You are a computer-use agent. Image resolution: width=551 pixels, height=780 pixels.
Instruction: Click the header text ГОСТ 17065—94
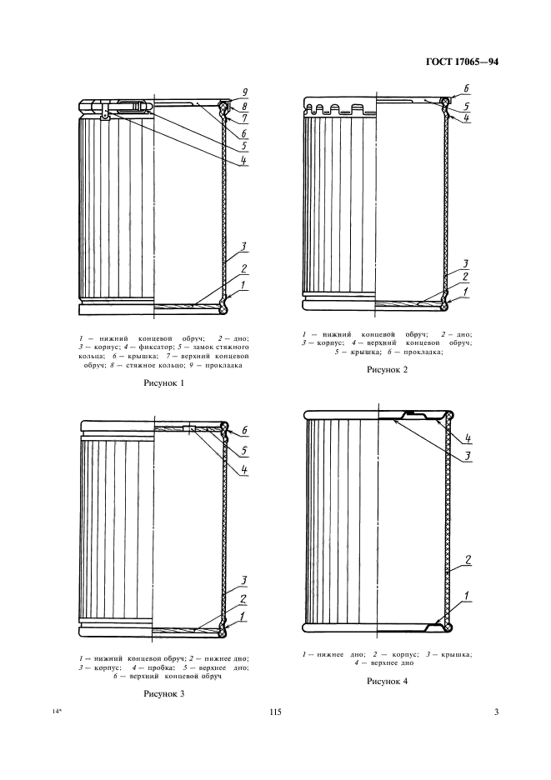click(x=463, y=62)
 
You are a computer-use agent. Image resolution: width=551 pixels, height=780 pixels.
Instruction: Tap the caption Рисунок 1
click(x=163, y=383)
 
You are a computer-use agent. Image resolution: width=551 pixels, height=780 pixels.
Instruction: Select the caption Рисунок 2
click(x=388, y=370)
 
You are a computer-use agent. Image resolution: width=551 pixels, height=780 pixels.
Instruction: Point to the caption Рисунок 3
click(x=163, y=693)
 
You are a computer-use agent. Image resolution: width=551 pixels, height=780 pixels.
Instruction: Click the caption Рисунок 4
click(x=388, y=682)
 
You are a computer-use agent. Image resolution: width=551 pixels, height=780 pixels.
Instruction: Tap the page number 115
click(x=275, y=712)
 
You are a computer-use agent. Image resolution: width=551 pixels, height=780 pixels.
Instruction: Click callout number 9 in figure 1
click(x=245, y=92)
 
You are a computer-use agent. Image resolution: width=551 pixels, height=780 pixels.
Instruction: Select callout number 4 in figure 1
click(x=244, y=160)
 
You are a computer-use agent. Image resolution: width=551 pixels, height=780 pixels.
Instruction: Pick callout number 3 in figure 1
click(x=244, y=247)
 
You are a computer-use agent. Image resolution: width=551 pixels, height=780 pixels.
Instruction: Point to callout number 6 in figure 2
click(x=466, y=88)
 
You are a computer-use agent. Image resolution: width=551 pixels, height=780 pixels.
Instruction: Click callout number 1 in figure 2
click(x=466, y=292)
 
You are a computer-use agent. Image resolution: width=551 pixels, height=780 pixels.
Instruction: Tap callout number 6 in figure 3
click(x=245, y=431)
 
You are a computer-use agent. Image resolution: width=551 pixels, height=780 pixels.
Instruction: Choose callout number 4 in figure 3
click(x=244, y=469)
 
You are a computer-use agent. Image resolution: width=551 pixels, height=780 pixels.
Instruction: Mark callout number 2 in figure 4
click(x=468, y=561)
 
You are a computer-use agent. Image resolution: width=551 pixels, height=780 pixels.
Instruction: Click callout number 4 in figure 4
click(x=468, y=438)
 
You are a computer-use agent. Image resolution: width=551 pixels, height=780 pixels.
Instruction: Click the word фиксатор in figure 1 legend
click(x=146, y=347)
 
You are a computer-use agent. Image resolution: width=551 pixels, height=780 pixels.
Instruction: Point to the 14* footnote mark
click(x=57, y=712)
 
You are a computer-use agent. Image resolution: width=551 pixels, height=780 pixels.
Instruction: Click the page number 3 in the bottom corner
click(x=496, y=712)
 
